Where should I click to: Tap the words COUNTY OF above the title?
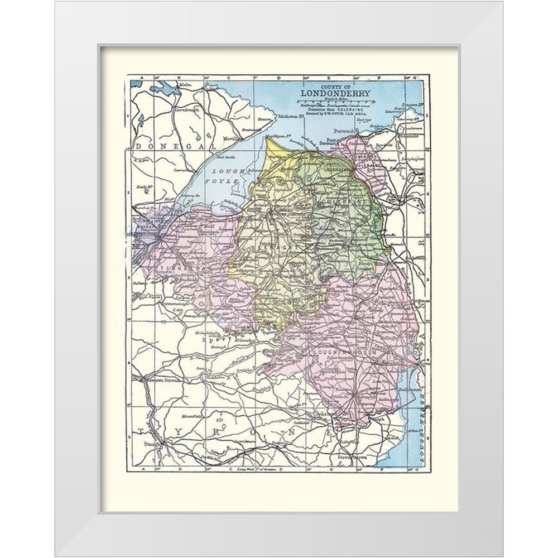point(331,85)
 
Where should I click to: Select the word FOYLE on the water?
point(228,182)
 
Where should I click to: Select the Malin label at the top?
point(185,84)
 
